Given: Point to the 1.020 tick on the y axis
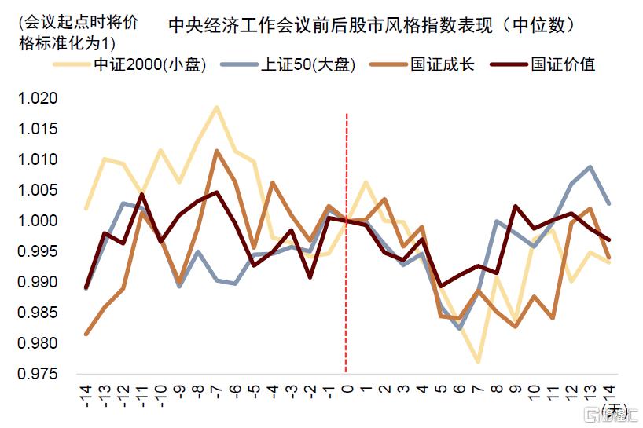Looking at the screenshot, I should pos(39,98).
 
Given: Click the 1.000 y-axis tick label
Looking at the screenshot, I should pos(39,221).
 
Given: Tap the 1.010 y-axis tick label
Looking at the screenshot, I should pos(39,159).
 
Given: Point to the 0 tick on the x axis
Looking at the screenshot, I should pos(347,390).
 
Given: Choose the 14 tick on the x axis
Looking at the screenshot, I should pos(608,393).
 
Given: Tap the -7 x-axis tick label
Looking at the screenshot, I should pos(216,393).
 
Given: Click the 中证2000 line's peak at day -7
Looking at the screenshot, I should pos(216,107).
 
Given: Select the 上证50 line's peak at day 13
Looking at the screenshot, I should pos(590,166).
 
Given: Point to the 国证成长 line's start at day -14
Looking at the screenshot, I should pos(86,334).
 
